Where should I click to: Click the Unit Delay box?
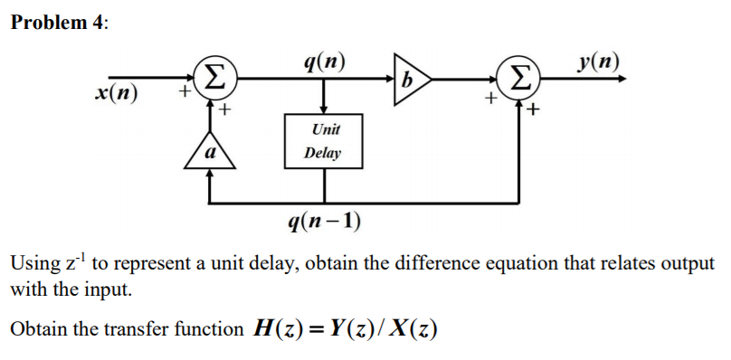pos(323,142)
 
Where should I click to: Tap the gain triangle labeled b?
pos(408,79)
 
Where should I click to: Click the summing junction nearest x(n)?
pos(211,78)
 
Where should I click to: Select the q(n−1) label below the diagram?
pos(323,222)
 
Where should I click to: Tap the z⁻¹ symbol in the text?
pos(73,262)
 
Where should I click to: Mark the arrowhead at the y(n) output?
pos(620,79)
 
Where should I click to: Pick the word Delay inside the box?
pos(323,153)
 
